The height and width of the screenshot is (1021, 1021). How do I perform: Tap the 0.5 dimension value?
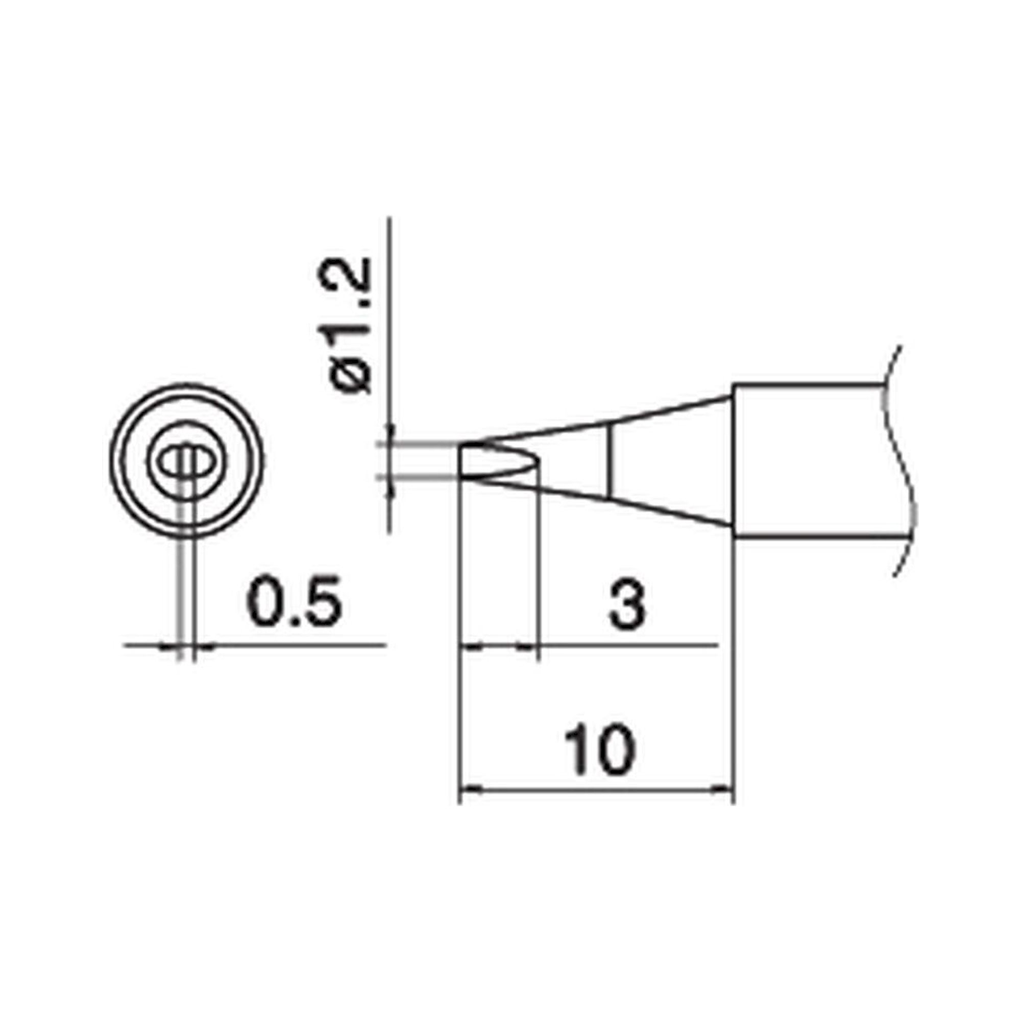295,603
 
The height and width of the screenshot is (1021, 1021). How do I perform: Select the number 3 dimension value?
627,603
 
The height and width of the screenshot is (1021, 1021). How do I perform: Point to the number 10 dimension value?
598,750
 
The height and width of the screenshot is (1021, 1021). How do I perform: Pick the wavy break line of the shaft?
905,465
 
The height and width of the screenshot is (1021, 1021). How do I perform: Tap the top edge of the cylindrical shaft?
809,385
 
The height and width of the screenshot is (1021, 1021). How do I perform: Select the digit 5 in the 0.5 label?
322,603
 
